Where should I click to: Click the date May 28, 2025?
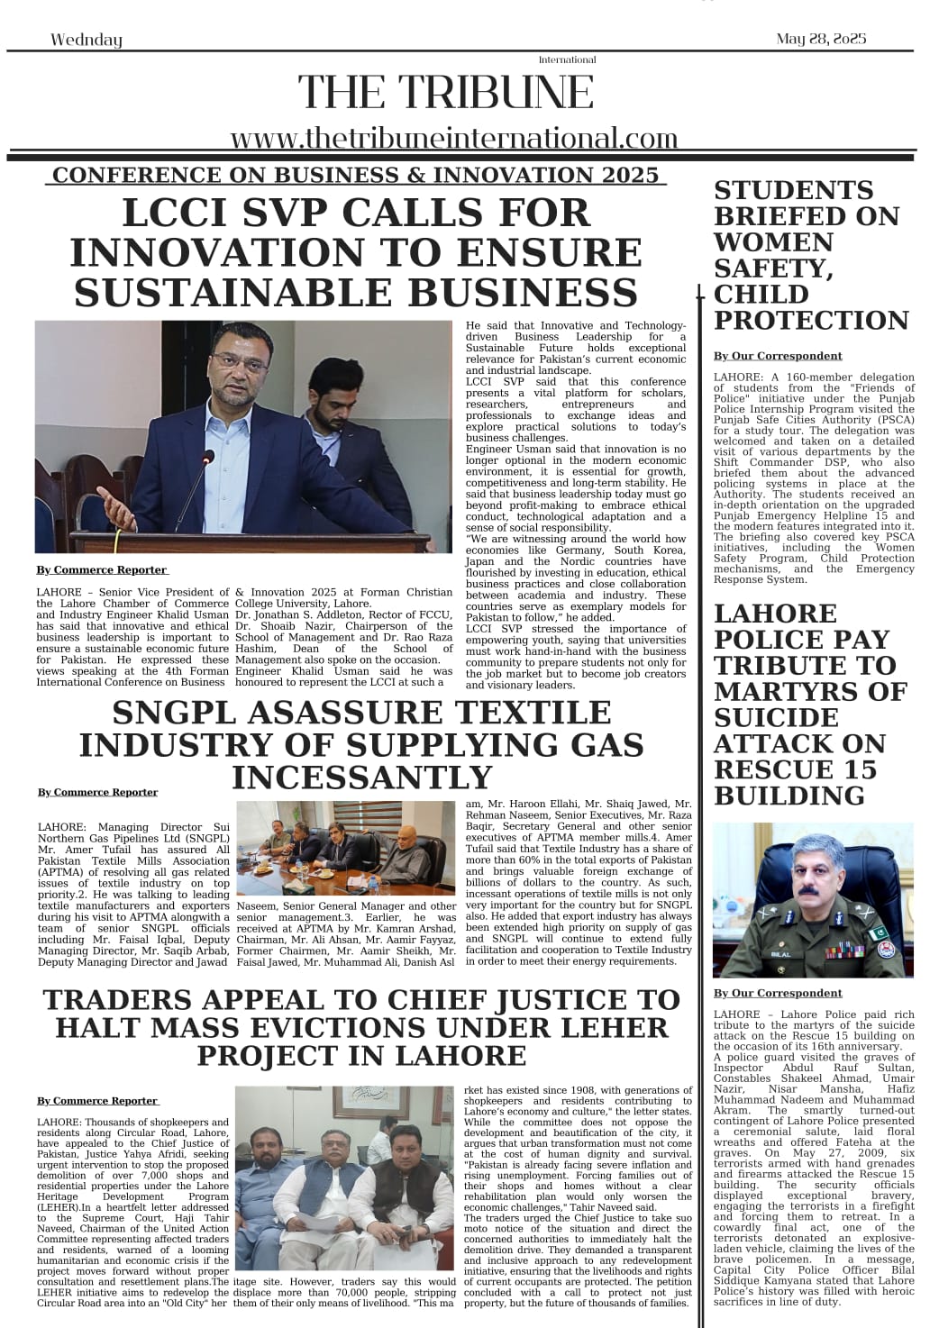821,39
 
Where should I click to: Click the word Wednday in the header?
87,40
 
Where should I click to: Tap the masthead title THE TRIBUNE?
446,93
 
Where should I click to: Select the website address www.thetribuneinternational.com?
453,138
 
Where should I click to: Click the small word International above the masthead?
567,59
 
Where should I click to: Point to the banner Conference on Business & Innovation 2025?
356,174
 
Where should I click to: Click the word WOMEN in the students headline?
761,242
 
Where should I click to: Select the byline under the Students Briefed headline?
778,356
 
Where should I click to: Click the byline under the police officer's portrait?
778,993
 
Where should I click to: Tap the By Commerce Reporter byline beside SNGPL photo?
97,792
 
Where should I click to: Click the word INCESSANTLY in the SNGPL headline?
361,777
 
